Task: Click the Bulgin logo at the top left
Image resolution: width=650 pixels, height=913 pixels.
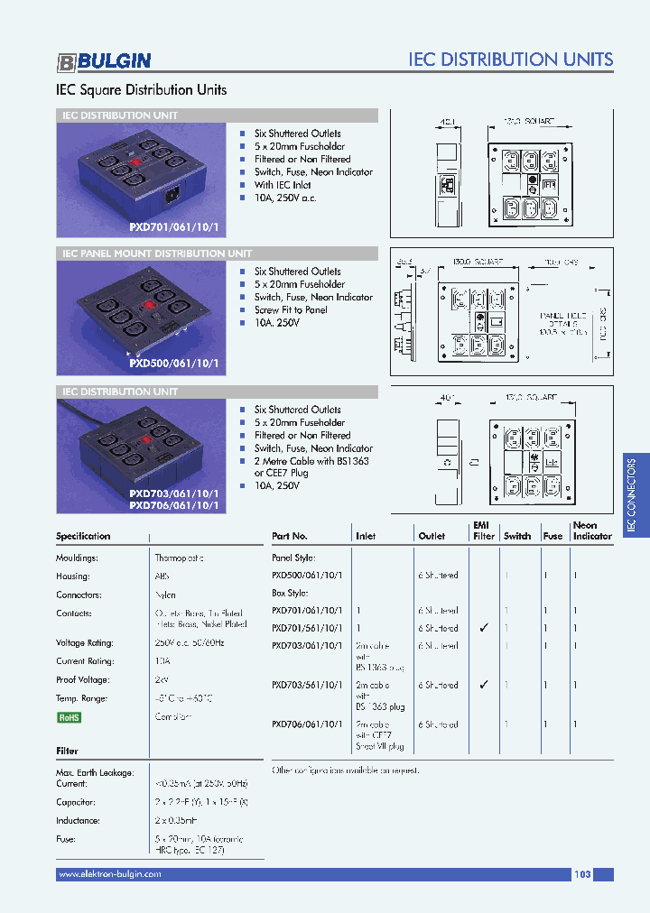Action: pos(104,61)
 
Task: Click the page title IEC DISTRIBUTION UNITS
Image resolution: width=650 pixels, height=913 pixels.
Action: pos(510,60)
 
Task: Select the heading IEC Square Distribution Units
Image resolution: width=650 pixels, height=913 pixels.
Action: pos(142,90)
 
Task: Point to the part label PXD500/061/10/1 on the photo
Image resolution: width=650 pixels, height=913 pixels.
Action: pos(173,364)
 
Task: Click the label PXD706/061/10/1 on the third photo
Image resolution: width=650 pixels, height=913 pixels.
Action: pos(173,505)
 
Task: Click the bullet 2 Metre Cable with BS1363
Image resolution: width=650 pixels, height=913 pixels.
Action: pos(311,461)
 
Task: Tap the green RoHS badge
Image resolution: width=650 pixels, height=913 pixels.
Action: pos(69,717)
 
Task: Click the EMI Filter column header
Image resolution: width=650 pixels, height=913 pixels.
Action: pos(484,530)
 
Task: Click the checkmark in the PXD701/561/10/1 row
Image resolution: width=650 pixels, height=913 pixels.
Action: pos(484,628)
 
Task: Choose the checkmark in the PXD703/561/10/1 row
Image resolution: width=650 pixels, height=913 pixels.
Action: pos(484,685)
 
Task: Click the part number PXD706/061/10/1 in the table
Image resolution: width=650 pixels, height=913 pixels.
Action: pos(307,724)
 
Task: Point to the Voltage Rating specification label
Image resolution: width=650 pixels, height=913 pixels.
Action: pos(85,643)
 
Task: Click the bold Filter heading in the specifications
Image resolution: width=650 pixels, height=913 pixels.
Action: pos(67,751)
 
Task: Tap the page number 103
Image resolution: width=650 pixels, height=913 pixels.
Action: pos(582,874)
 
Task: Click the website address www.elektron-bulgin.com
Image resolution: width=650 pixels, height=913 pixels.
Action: pos(109,874)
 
